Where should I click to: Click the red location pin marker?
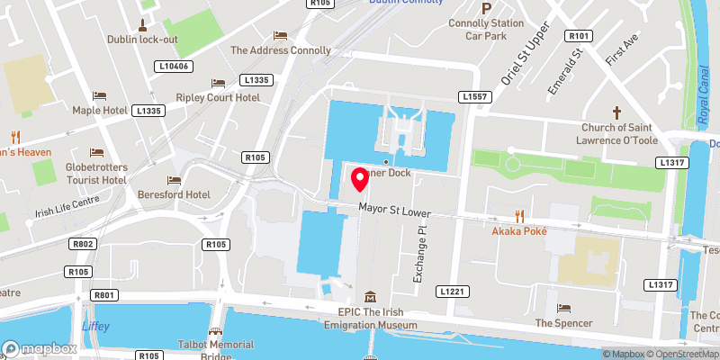coord(361,179)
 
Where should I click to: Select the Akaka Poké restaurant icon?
coord(519,215)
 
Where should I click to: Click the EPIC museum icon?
coord(370,297)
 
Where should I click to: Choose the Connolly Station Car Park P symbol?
coord(486,8)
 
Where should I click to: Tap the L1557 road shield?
coord(475,96)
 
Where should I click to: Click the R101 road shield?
coord(578,36)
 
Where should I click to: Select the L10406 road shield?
coord(173,66)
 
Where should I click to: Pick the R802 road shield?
coord(84,244)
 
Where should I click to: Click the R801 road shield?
coord(104,295)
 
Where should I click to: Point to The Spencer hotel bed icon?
coord(563,308)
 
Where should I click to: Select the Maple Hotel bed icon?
coord(99,94)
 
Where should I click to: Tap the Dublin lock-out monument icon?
coord(142,23)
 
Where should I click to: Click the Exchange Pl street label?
coord(418,255)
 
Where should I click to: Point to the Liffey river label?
coord(94,326)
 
